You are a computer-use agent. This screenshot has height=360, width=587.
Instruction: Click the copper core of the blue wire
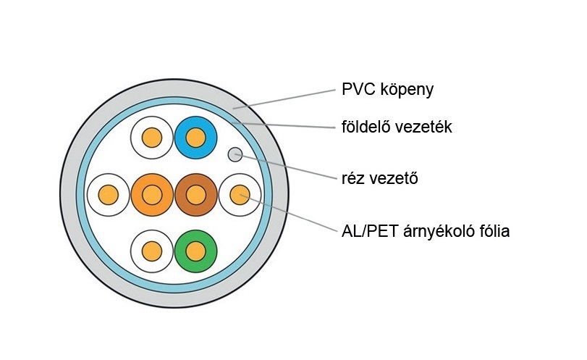[x=195, y=137]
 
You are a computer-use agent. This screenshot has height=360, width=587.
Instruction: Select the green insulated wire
[x=195, y=251]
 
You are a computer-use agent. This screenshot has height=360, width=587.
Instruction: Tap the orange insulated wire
[x=152, y=194]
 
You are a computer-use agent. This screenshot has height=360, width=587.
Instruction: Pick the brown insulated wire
[x=195, y=194]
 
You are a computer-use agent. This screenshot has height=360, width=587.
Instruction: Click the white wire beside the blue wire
[x=151, y=137]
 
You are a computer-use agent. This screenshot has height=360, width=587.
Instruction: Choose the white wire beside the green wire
[x=151, y=251]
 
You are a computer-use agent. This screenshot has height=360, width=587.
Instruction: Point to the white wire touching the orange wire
[x=108, y=194]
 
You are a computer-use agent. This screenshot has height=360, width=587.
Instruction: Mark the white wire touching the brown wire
[x=240, y=194]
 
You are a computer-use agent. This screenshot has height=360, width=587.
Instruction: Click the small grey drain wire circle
[x=235, y=154]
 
